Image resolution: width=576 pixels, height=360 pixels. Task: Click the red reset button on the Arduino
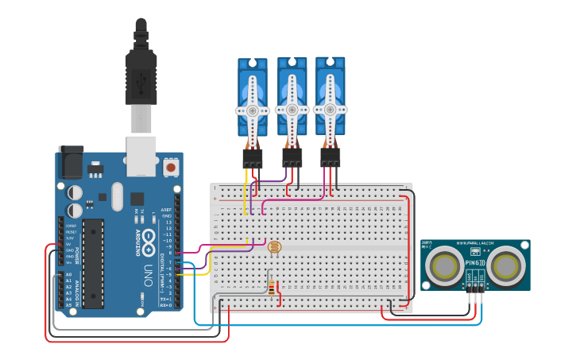click(x=170, y=168)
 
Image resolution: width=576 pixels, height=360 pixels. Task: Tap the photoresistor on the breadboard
click(x=275, y=248)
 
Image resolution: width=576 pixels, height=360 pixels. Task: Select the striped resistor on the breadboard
click(x=274, y=288)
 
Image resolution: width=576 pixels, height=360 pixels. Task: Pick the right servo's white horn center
click(x=330, y=109)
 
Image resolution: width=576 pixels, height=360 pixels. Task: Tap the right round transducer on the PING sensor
click(x=507, y=265)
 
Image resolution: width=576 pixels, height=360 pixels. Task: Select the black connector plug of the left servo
click(x=253, y=158)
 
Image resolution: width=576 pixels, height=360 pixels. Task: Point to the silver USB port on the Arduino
click(x=141, y=155)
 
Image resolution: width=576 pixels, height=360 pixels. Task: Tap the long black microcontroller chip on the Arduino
click(x=93, y=263)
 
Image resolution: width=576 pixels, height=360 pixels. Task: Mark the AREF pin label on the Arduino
click(x=166, y=209)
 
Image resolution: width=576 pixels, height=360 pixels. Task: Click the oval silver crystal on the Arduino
click(x=118, y=196)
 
